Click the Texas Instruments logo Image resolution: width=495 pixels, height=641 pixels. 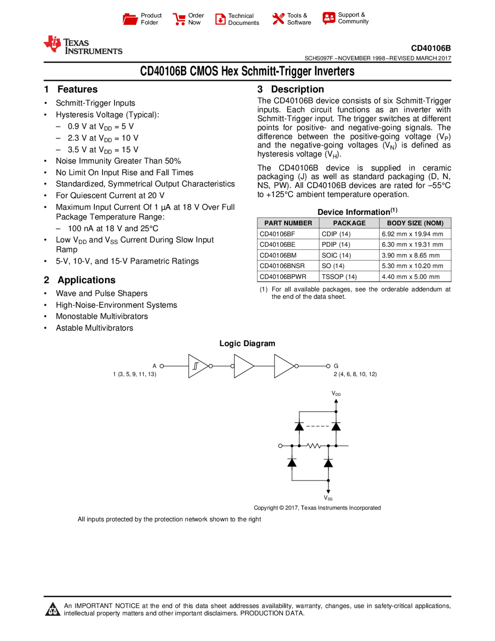click(82, 45)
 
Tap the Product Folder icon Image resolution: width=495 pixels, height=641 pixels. click(130, 19)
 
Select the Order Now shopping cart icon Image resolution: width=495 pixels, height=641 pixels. click(179, 19)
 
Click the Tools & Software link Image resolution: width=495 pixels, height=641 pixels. click(299, 19)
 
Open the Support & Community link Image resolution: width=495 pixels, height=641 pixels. click(353, 18)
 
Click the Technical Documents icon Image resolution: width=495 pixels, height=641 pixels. click(220, 19)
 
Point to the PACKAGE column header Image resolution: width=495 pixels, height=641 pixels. click(349, 223)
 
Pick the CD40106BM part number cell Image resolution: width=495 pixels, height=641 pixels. click(278, 255)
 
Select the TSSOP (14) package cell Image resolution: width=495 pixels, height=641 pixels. click(339, 276)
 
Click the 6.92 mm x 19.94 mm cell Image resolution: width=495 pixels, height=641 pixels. click(412, 234)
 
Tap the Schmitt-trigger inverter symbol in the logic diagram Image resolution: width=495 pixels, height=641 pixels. click(198, 366)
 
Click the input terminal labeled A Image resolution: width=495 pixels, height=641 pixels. click(162, 366)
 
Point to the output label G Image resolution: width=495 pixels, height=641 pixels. click(336, 366)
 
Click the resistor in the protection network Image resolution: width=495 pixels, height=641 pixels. click(314, 446)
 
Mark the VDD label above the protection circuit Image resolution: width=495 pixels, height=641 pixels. click(336, 393)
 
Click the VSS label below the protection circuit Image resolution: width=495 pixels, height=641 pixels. click(328, 498)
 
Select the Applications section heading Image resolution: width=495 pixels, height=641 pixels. click(86, 280)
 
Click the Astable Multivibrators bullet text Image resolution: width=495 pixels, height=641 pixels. click(94, 328)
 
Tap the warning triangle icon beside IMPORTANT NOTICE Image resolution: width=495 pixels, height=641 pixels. click(52, 609)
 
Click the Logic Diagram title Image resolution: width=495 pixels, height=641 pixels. click(247, 343)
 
